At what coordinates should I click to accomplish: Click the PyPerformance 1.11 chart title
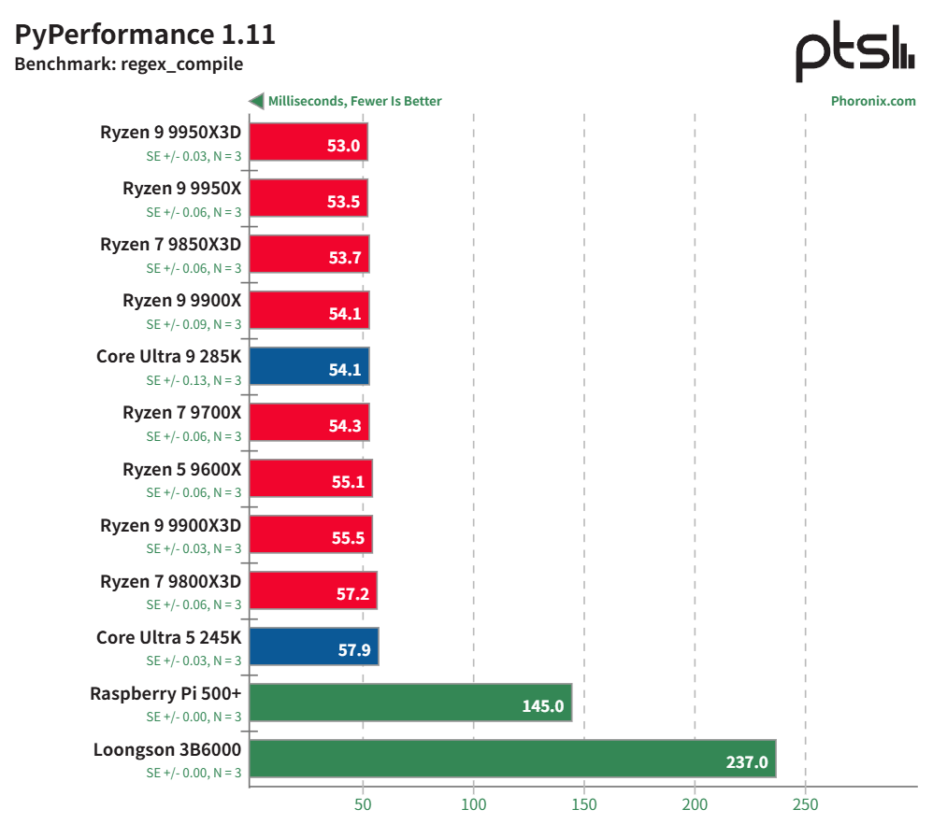pos(145,35)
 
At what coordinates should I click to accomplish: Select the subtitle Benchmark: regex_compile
pos(128,64)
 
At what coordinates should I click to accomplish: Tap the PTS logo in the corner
pos(854,53)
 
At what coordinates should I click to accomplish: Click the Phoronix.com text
pos(873,101)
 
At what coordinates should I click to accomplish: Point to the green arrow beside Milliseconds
pos(255,101)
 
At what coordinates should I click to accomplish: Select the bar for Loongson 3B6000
pos(512,758)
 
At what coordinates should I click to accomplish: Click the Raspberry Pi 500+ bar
pos(410,702)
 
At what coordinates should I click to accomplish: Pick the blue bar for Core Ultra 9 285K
pos(309,365)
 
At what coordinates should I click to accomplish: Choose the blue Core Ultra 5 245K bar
pos(314,646)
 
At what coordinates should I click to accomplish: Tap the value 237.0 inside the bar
pos(746,762)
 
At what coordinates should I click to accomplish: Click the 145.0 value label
pos(542,706)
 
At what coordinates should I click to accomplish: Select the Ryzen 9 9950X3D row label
pos(170,132)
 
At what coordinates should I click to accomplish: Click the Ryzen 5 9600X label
pos(181,468)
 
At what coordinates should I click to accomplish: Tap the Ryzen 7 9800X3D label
pos(170,580)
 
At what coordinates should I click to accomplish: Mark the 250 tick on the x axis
pos(805,803)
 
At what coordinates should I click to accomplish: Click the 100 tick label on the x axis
pos(473,803)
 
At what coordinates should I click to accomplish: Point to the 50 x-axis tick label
pos(363,803)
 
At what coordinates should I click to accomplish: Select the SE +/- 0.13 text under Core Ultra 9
pos(194,380)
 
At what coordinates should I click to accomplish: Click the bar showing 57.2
pos(313,590)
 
